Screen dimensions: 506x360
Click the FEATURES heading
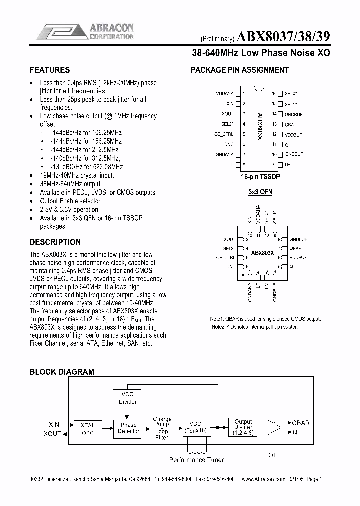coord(50,70)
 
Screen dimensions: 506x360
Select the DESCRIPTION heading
coord(55,242)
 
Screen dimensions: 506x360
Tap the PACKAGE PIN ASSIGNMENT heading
coord(240,70)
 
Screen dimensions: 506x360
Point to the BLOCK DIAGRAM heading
coord(62,372)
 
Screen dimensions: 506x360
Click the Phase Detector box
coord(128,428)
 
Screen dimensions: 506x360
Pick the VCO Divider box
coord(128,398)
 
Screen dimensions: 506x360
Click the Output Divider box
coord(243,428)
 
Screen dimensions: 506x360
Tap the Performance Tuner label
coord(196,459)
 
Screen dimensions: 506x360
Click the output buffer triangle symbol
coord(273,428)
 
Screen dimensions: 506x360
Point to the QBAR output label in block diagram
coord(300,423)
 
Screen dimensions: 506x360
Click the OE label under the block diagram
coord(273,455)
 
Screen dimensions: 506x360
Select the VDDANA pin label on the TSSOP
coord(225,93)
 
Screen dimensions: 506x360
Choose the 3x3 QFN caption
coord(260,192)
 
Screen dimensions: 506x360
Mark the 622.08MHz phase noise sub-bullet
coord(86,167)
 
